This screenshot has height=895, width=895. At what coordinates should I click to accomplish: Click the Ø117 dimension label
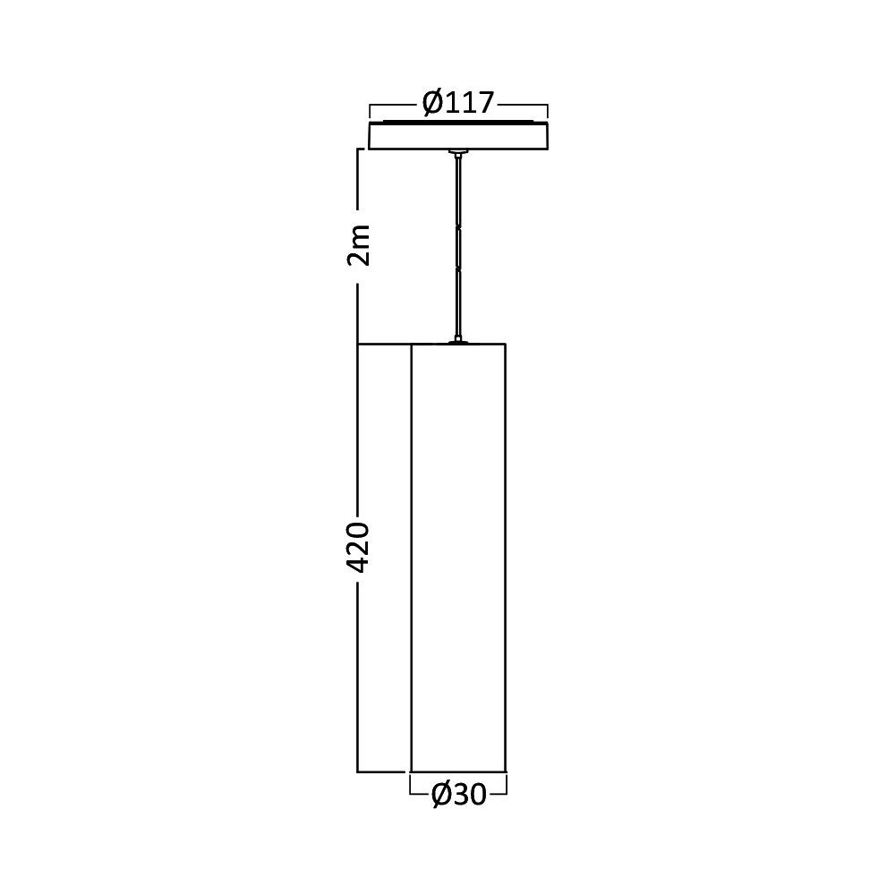click(457, 103)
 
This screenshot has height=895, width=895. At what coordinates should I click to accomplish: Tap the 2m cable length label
click(359, 245)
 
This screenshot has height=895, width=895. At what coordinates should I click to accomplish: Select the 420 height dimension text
click(359, 547)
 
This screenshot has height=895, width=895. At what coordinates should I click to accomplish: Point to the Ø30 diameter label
click(459, 793)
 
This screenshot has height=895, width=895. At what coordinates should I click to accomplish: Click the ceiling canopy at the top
click(458, 135)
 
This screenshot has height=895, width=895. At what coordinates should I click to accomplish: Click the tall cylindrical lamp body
click(458, 558)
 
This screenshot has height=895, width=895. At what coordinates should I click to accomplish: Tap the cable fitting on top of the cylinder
click(457, 341)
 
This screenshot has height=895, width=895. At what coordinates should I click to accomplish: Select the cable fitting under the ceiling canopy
click(457, 152)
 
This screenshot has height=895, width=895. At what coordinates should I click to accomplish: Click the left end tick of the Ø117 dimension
click(370, 111)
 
